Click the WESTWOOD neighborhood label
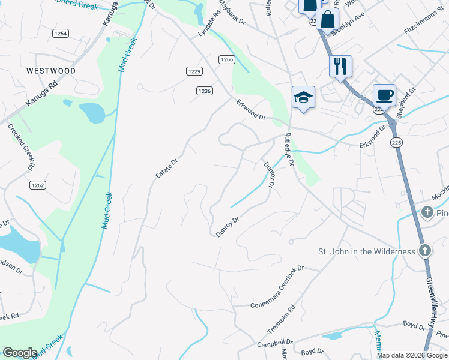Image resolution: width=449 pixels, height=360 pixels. (51, 71)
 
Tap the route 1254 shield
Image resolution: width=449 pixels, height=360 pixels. (60, 34)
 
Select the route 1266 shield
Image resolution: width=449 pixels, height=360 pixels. (226, 59)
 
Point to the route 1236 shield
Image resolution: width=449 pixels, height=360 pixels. (204, 91)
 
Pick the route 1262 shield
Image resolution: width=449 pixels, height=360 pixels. (38, 185)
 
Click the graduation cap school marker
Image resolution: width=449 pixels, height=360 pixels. (303, 98)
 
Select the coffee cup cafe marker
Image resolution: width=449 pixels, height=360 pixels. (384, 95)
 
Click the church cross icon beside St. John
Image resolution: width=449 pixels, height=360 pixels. (424, 250)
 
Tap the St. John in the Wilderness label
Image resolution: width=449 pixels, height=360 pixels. (366, 251)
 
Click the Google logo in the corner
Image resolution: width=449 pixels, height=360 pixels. (20, 353)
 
